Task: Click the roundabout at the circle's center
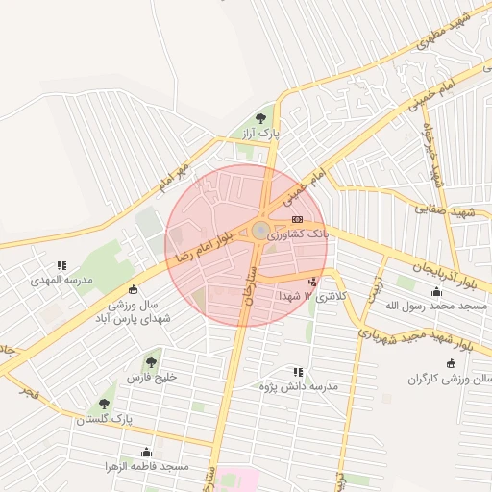coord(260,230)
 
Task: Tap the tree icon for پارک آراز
coord(261,118)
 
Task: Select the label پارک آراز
coord(261,134)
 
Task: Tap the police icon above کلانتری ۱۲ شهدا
coord(312,282)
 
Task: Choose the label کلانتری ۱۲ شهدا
coord(310,297)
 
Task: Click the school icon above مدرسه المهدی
coord(61,265)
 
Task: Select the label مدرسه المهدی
coord(61,280)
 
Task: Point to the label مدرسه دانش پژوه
coord(299,386)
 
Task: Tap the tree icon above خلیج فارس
coord(151,362)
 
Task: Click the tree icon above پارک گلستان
coord(104,404)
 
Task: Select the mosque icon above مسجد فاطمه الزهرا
coord(146,451)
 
